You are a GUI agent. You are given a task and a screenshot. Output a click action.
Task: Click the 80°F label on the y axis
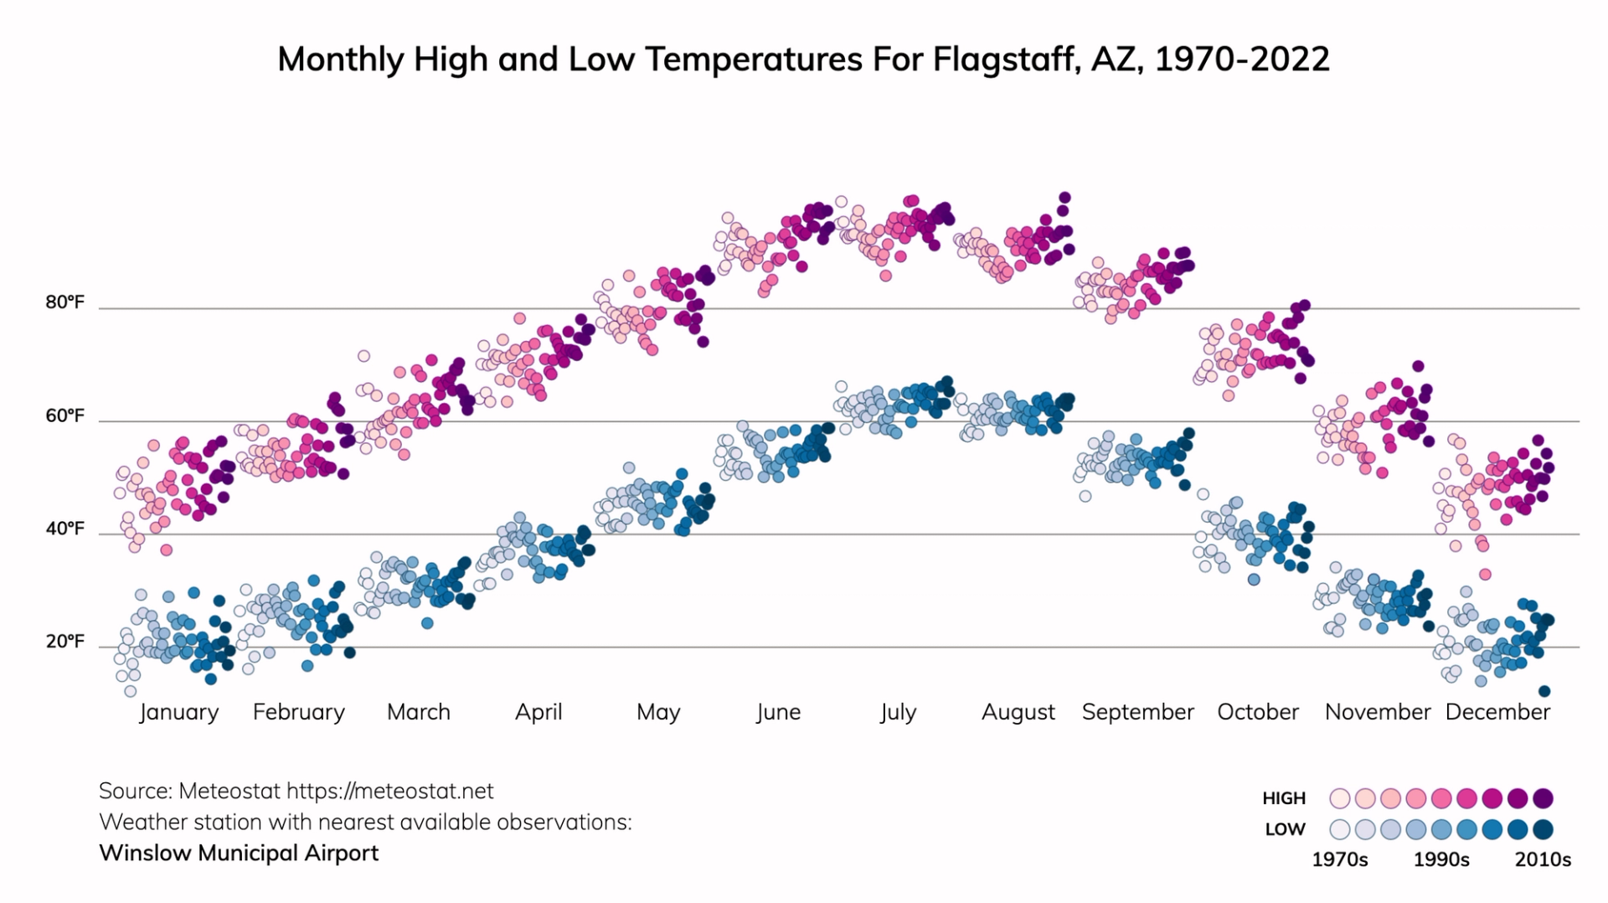(x=64, y=302)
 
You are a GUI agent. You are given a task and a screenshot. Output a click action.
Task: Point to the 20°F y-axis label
(x=64, y=642)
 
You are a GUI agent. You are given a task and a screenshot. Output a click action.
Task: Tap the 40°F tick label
(x=64, y=529)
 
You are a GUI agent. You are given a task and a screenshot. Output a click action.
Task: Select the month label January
(x=178, y=712)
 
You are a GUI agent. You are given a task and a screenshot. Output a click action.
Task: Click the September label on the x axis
(x=1137, y=712)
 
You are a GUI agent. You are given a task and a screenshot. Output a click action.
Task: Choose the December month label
(x=1497, y=712)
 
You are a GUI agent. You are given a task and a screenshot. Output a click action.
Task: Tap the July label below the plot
(x=898, y=712)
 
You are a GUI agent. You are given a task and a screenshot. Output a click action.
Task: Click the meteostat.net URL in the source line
(x=390, y=791)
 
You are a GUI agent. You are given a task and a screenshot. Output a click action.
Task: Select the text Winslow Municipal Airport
(x=239, y=853)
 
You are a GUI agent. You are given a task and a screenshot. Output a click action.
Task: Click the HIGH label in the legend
(x=1284, y=798)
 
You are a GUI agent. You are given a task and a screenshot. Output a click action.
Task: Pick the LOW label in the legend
(x=1285, y=829)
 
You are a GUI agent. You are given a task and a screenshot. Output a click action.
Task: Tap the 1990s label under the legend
(x=1441, y=859)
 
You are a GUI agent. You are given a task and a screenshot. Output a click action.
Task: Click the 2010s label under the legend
(x=1543, y=859)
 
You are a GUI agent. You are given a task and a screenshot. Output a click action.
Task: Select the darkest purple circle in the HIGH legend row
(x=1544, y=798)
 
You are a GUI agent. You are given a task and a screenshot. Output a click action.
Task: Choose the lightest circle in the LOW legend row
(x=1340, y=829)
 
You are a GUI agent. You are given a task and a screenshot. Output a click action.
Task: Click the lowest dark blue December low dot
(x=1544, y=691)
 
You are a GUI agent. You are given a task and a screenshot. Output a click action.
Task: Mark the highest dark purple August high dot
(x=1064, y=198)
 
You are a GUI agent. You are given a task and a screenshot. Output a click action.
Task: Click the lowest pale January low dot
(x=130, y=691)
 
